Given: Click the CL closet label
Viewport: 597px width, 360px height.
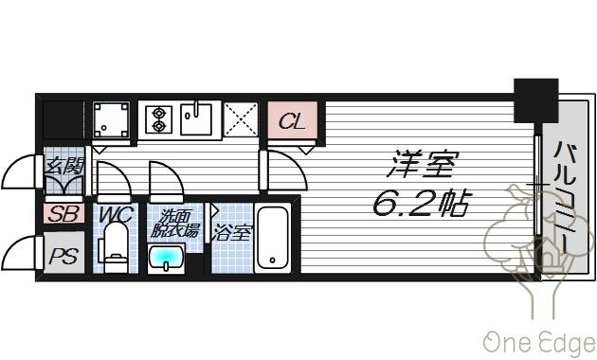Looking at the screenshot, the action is coord(292,122).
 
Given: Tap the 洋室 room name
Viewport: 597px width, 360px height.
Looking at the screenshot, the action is coord(422,164).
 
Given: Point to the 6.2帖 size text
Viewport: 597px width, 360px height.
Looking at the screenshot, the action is coord(421,202).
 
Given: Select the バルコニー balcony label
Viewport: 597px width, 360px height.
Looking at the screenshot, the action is coord(565,197).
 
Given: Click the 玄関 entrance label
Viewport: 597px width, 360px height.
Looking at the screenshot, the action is coord(64,166).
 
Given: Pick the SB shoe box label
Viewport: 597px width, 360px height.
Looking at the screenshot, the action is coord(64,214).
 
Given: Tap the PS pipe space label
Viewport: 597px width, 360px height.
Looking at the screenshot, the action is coord(64,256).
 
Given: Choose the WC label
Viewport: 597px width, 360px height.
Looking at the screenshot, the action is coord(115,215).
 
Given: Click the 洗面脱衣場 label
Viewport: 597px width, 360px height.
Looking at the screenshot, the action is coord(174,224).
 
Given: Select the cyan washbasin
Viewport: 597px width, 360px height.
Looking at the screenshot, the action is coord(167,259).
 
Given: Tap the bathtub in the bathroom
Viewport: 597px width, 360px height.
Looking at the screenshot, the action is coord(273,238).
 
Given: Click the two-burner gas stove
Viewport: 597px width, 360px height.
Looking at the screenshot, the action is coord(158,119).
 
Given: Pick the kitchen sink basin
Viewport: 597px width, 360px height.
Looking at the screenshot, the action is coord(196,118).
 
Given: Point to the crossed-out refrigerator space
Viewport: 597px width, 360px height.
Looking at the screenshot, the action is coord(241,119).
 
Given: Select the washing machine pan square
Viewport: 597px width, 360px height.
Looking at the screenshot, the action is coord(111,119).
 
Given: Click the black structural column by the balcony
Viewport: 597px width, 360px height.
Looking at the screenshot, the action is coord(536,100).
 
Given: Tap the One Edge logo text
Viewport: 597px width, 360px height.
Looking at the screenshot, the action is coord(540,342).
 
